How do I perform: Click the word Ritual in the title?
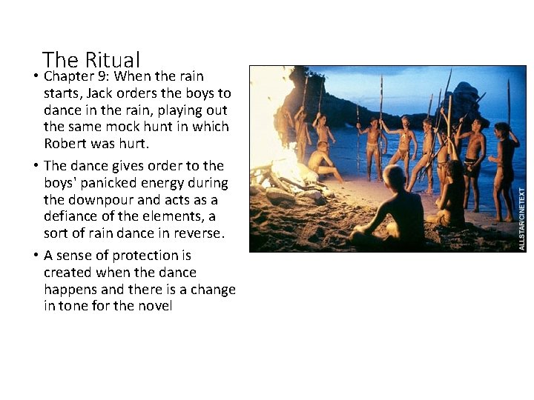point(113,59)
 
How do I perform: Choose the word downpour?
point(102,199)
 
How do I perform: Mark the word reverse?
point(199,233)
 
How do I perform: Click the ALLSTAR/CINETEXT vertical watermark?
point(521,218)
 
